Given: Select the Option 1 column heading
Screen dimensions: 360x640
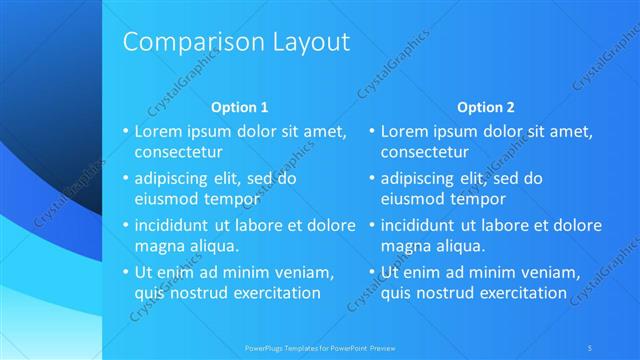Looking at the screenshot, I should pyautogui.click(x=240, y=107).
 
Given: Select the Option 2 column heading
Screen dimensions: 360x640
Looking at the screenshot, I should pyautogui.click(x=486, y=107).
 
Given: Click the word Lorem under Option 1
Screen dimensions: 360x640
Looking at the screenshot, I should pyautogui.click(x=157, y=131).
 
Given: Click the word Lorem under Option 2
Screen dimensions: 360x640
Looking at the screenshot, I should pyautogui.click(x=404, y=131).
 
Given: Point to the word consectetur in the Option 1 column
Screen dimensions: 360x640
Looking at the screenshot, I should pyautogui.click(x=178, y=153).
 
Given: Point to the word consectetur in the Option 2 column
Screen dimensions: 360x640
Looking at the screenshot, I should pyautogui.click(x=425, y=153).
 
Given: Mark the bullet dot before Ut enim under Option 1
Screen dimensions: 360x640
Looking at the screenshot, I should pyautogui.click(x=125, y=272).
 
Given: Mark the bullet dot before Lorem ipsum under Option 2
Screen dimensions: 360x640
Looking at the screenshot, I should pyautogui.click(x=372, y=131).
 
